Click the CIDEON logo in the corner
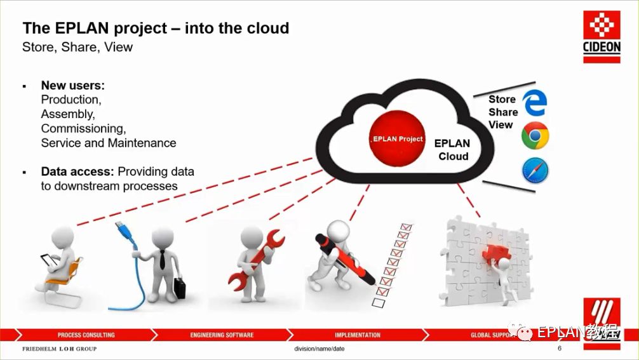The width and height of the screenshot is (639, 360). [602, 37]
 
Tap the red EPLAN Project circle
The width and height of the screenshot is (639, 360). [398, 138]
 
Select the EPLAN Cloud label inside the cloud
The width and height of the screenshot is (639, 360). [453, 150]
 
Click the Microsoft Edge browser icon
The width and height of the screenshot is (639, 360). [534, 103]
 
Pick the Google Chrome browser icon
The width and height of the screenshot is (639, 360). [535, 137]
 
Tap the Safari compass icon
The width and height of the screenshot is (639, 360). [535, 171]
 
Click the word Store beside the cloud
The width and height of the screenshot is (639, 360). [502, 100]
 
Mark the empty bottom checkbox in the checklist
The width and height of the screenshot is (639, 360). [377, 303]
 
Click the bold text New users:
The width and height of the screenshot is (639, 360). [73, 85]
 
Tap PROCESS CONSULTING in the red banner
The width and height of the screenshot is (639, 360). [86, 335]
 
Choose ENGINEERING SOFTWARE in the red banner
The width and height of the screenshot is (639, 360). [222, 335]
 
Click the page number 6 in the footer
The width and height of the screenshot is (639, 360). [560, 349]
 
